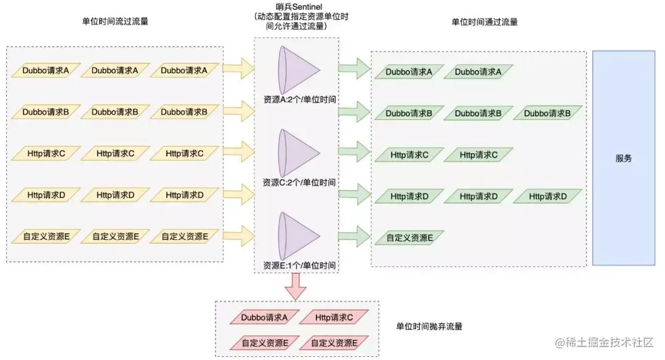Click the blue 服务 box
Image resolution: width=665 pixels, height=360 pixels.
point(623,158)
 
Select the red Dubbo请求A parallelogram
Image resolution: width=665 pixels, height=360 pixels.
point(264,317)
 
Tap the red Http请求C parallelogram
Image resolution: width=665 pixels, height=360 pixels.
point(334,317)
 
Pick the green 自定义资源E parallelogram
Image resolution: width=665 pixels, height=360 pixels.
point(409,238)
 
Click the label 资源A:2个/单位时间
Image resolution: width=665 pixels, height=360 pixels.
point(299,100)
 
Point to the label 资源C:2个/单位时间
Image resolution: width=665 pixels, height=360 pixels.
point(299,182)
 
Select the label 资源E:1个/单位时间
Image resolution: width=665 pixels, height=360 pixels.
point(299,265)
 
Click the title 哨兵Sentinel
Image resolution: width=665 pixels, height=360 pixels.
point(299,7)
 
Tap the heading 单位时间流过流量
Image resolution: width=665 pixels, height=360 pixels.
point(115,21)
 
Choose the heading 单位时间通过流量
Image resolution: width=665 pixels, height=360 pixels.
point(485,22)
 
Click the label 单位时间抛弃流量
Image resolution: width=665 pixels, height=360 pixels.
point(429,327)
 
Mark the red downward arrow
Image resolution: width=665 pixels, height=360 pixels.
point(296,287)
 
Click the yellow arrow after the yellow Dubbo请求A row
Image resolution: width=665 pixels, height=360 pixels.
point(238,69)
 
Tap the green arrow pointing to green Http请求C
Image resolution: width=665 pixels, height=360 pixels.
point(354,152)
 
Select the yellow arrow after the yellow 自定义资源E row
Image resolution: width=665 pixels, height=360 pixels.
point(238,236)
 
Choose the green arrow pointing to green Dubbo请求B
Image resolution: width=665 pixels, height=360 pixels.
point(354,111)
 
